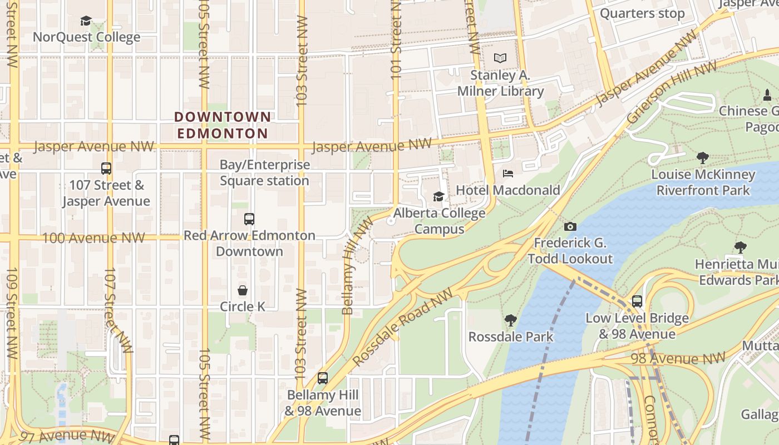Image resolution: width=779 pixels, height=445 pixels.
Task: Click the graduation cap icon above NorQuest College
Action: pos(86,21)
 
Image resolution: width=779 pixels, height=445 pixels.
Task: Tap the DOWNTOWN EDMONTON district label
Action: pos(223,125)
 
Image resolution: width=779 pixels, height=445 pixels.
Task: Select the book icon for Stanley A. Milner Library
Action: pos(500,58)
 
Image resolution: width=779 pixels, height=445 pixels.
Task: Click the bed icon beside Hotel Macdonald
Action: pos(508,174)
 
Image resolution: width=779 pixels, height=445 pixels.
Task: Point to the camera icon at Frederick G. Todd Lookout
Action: pos(570,226)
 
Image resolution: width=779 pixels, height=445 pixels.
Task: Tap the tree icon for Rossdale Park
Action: pos(510,320)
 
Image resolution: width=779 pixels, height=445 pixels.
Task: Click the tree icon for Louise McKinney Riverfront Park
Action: pos(703,158)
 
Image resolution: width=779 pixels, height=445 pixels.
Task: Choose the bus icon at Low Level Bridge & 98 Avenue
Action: pos(637,301)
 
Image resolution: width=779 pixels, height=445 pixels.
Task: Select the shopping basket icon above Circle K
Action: pos(243,290)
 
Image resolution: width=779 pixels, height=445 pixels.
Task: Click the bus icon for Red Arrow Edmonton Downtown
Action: pos(249,219)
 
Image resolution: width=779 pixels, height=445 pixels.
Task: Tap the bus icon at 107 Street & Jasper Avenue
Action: pos(106,168)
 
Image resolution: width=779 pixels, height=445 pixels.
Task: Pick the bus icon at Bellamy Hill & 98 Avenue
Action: pos(322,378)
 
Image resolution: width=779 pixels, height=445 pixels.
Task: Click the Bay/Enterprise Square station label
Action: pos(264,172)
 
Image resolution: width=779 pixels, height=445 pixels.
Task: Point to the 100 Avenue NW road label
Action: pos(93,238)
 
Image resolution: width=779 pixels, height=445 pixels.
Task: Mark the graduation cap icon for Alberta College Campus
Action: pos(438,196)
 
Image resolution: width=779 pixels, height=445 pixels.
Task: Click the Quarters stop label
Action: pos(642,13)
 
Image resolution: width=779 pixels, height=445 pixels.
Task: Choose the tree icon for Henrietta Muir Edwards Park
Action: pos(740,247)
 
